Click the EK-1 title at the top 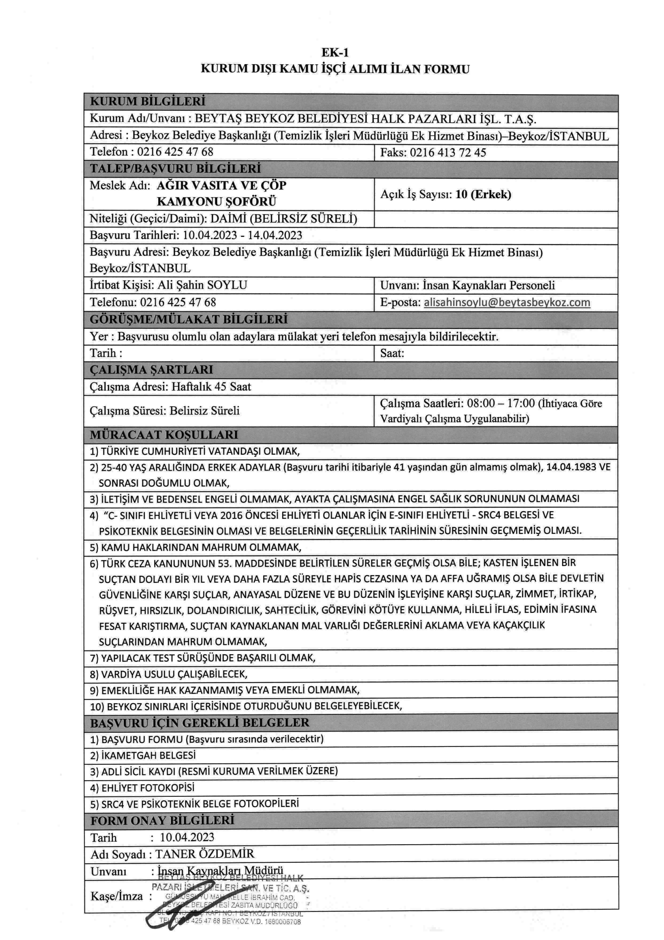335,52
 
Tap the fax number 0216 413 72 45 448,153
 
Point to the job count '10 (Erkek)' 483,194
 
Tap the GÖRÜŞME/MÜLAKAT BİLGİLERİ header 188,319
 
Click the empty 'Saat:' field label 392,353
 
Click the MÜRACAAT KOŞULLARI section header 164,434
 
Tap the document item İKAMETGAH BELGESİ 143,755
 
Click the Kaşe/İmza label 117,896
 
